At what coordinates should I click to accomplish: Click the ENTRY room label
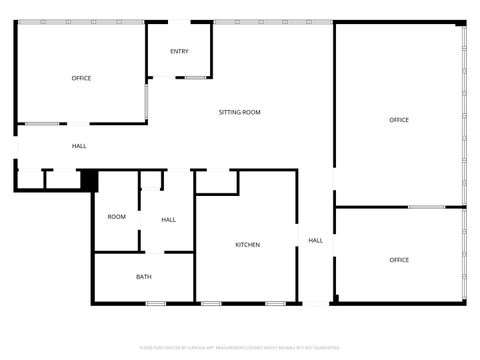click(x=179, y=52)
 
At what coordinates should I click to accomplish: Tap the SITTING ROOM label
click(x=239, y=112)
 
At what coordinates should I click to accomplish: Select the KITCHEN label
click(x=248, y=245)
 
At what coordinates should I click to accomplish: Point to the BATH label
click(x=144, y=277)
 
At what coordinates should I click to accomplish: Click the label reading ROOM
click(x=117, y=217)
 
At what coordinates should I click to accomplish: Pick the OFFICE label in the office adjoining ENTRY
click(x=81, y=78)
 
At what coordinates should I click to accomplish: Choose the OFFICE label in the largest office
click(x=399, y=120)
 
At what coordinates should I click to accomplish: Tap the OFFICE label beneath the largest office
click(x=399, y=260)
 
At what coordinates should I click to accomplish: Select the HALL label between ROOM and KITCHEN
click(x=169, y=220)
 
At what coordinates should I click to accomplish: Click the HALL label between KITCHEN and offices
click(x=315, y=240)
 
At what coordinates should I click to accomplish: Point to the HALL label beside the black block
click(x=79, y=146)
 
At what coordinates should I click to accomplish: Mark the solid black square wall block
click(x=88, y=180)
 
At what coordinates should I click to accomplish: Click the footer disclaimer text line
click(x=239, y=346)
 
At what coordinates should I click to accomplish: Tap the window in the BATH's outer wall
click(x=155, y=303)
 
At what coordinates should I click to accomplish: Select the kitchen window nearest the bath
click(x=211, y=303)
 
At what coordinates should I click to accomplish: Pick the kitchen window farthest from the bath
click(x=275, y=303)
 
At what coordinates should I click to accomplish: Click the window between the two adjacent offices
click(x=426, y=207)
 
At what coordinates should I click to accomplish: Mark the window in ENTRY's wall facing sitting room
click(x=195, y=77)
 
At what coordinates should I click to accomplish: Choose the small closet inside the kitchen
click(x=216, y=182)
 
